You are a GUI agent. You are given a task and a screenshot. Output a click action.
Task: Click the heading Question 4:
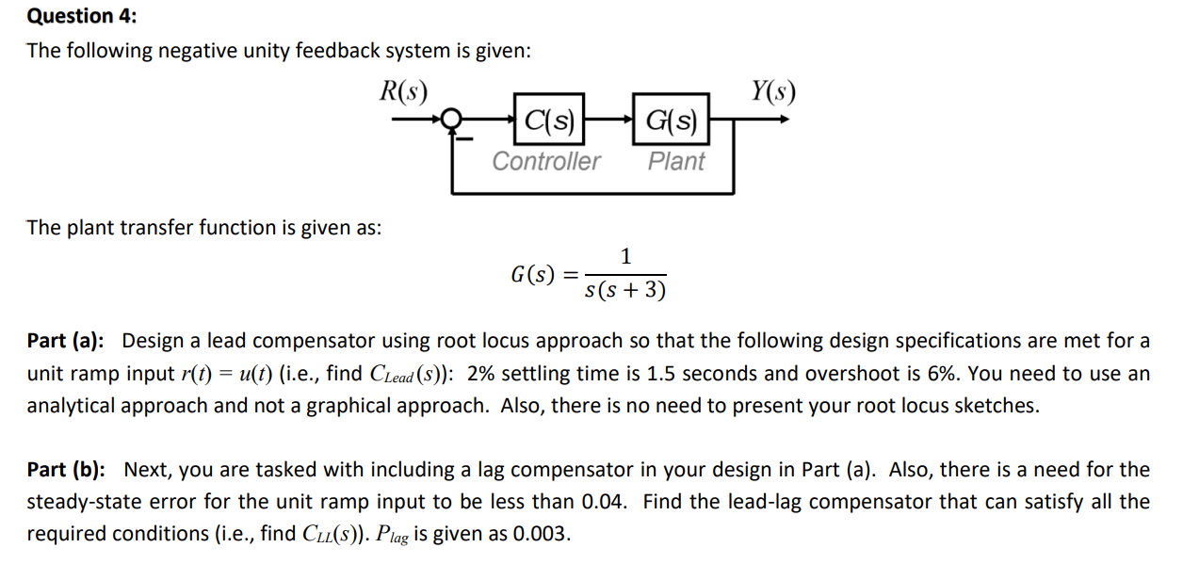coord(70,16)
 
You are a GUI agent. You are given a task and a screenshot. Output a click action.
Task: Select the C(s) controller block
coord(549,120)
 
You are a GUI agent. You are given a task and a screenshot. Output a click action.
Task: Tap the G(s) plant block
coord(671,120)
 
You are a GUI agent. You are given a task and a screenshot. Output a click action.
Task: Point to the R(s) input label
coord(403,90)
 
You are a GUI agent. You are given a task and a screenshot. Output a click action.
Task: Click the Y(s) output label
coord(773,90)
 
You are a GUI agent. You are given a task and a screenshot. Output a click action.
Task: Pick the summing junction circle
coord(453,120)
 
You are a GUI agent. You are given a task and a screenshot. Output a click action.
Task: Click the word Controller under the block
coord(546,161)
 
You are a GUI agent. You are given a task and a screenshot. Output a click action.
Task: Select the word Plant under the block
coord(675,161)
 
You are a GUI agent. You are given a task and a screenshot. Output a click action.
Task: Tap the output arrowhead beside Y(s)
coord(781,120)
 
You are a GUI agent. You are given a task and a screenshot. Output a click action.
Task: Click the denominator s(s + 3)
coord(625,290)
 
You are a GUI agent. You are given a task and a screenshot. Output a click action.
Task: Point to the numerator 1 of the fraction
coord(626,255)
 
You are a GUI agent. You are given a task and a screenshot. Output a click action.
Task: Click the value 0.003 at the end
coord(542,535)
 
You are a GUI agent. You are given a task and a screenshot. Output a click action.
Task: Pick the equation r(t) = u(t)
coord(235,373)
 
